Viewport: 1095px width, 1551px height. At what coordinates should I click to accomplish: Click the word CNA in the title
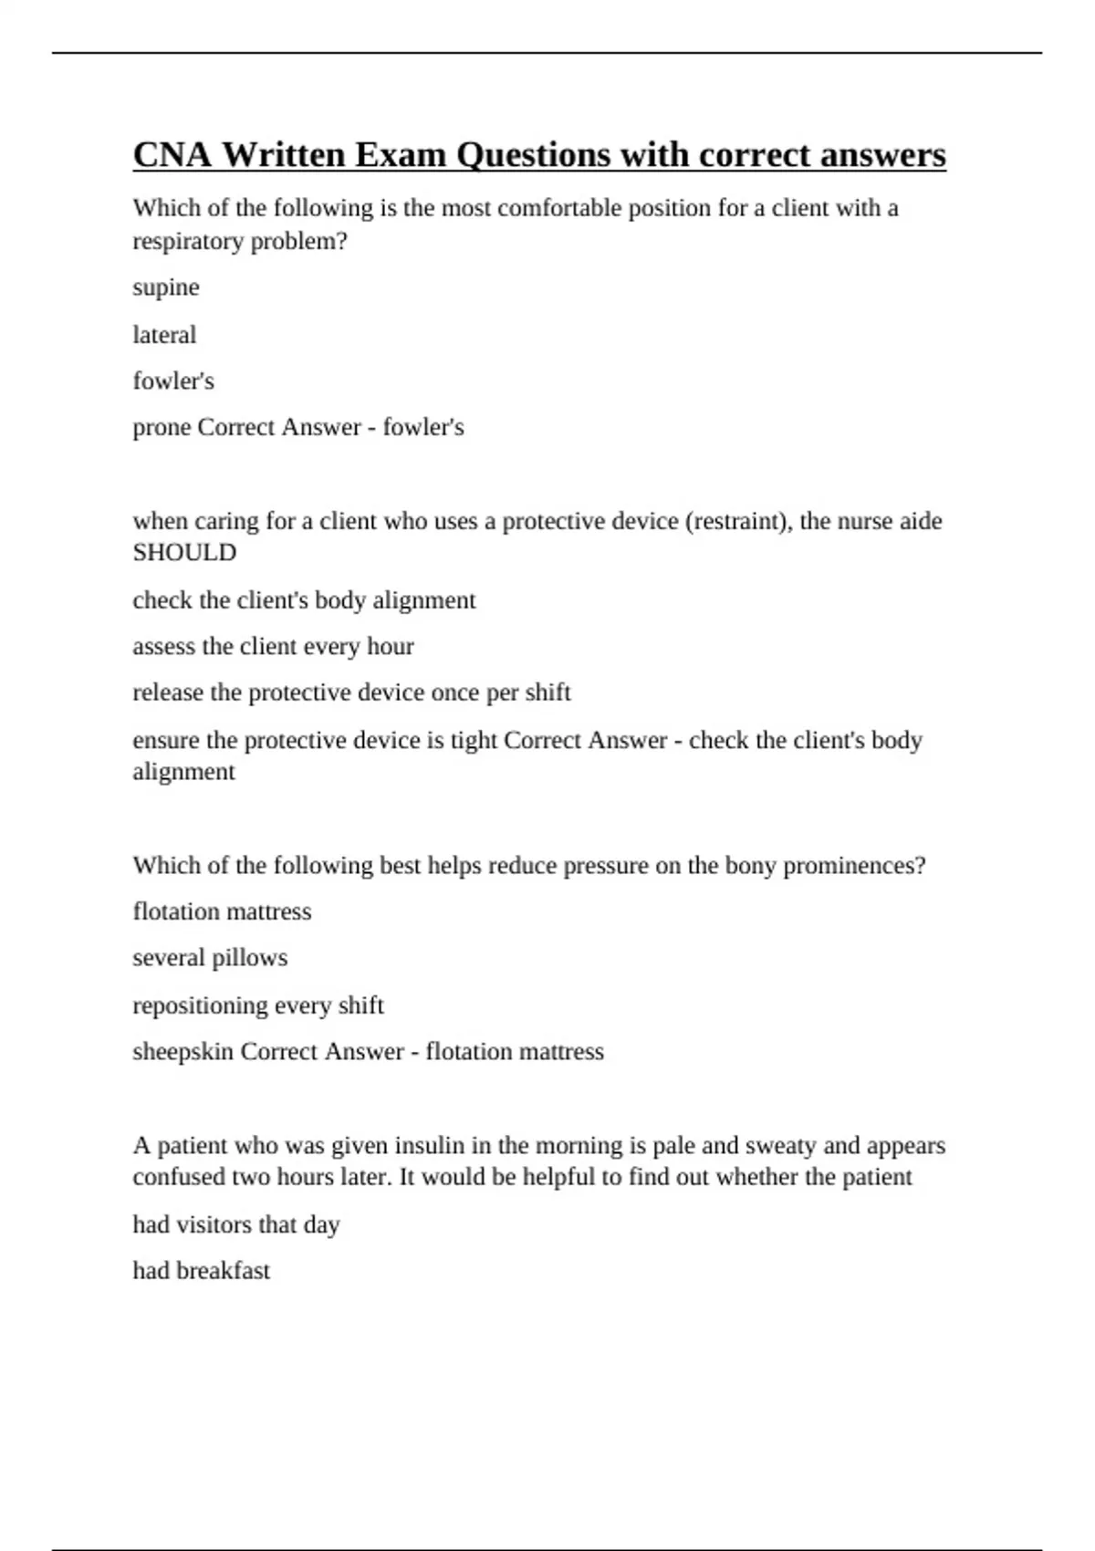172,155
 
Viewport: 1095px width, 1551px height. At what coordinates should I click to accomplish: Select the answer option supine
166,288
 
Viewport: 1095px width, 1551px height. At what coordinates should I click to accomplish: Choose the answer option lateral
164,335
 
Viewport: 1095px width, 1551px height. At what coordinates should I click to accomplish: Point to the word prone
162,428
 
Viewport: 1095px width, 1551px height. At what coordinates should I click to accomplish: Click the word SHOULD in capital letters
184,553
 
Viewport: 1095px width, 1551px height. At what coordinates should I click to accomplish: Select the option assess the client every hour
273,647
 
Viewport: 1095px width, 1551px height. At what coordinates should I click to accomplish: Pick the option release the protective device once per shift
351,693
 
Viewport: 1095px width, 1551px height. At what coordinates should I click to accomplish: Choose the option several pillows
210,958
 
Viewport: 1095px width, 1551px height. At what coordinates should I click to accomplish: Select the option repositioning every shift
258,1005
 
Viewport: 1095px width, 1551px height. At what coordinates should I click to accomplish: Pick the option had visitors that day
236,1224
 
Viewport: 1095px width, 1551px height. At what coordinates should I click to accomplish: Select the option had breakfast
202,1271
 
